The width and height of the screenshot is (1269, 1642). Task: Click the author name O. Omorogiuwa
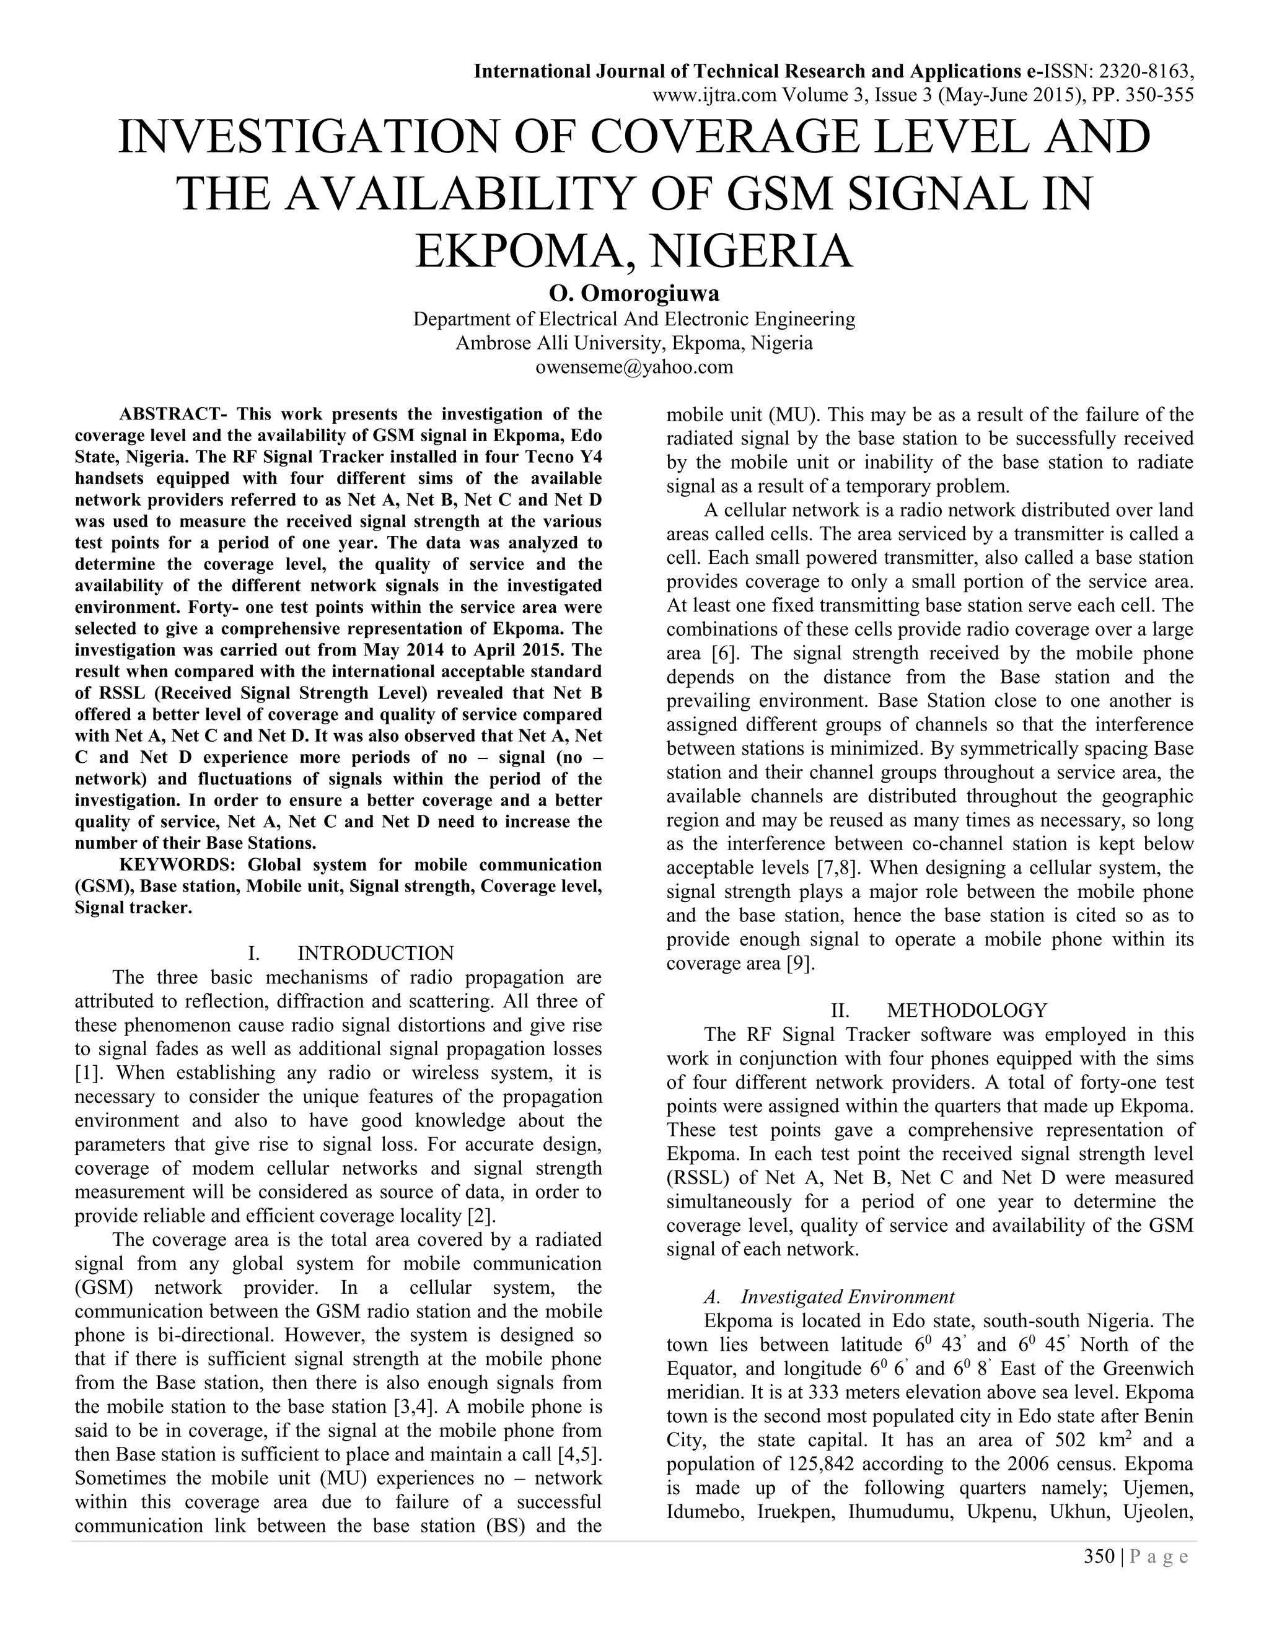point(634,293)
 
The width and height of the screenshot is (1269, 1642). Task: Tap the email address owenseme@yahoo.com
point(634,367)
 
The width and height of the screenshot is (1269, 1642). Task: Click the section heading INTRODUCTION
point(376,954)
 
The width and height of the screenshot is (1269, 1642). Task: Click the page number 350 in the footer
point(1099,1556)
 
